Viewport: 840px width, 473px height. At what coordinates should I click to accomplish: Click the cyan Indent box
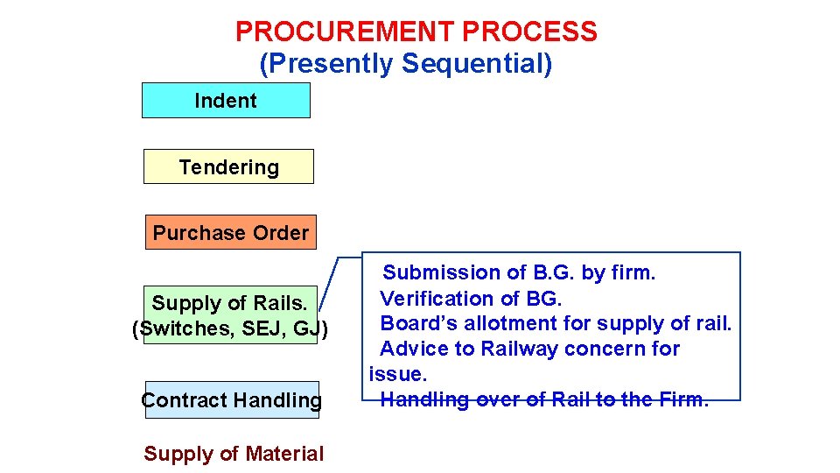tap(226, 101)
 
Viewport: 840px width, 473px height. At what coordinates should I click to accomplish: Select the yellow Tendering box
tap(228, 166)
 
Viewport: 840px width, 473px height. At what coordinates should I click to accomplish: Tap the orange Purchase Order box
tap(230, 232)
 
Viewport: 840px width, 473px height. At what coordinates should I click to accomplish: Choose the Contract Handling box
tap(231, 400)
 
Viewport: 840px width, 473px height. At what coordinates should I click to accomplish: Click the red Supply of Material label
tap(234, 454)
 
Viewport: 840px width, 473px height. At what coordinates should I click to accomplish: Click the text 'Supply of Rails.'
tap(229, 303)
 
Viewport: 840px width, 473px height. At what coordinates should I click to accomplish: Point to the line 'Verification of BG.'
tap(471, 298)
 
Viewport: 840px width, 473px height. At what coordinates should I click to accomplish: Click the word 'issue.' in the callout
tap(398, 374)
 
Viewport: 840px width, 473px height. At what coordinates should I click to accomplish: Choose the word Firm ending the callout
tap(683, 399)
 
